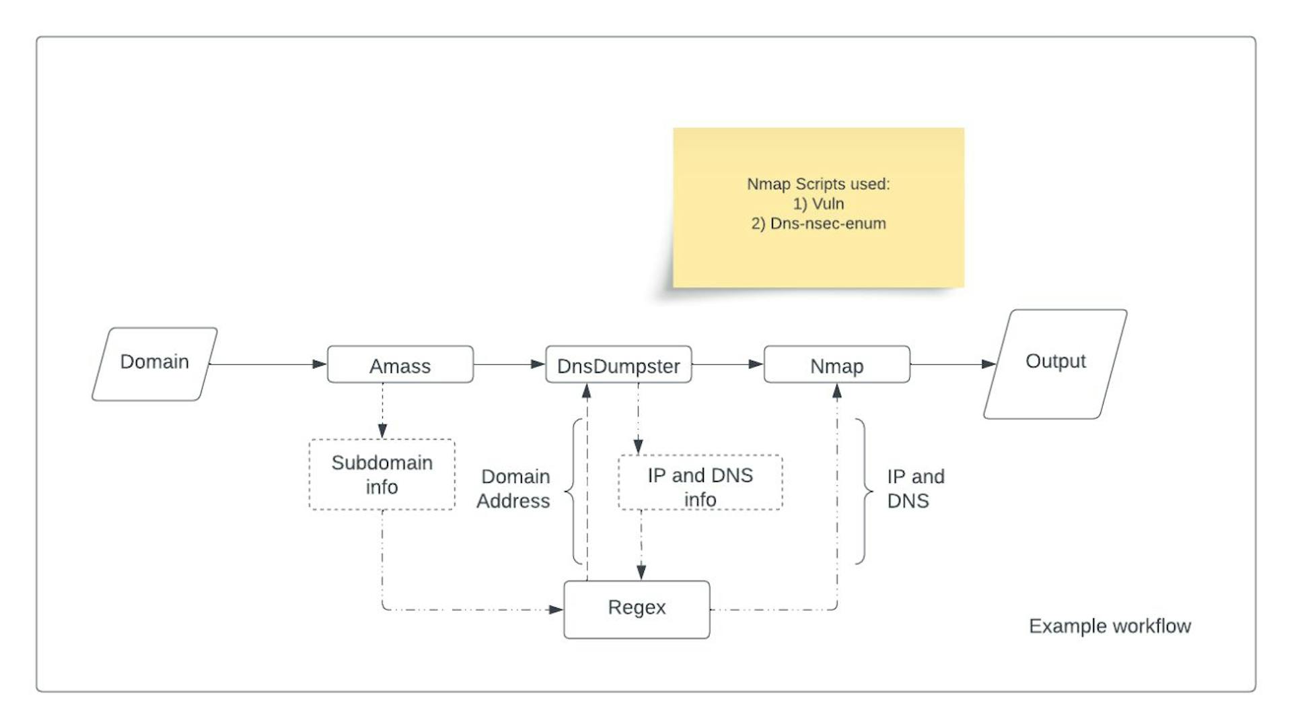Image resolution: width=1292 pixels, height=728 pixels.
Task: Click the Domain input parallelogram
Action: (155, 364)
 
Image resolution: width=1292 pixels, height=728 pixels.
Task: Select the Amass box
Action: (400, 365)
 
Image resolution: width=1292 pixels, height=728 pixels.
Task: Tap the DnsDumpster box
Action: (618, 365)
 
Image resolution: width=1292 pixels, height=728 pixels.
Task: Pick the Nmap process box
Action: (836, 365)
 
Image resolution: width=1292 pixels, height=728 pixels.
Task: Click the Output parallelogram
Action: (1055, 364)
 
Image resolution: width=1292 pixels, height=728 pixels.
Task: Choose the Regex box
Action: (637, 609)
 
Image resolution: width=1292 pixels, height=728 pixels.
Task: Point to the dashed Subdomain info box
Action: (382, 475)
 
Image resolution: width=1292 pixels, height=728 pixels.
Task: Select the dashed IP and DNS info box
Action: (700, 483)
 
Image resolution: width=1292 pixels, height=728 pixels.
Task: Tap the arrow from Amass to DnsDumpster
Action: (509, 364)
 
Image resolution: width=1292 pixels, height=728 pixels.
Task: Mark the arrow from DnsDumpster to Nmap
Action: (727, 364)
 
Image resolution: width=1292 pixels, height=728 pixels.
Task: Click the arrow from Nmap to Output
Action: (952, 364)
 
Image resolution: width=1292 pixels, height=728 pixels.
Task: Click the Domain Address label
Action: (514, 489)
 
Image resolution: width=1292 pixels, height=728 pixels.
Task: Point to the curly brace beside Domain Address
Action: (574, 492)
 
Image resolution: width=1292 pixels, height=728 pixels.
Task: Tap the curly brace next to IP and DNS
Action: (863, 492)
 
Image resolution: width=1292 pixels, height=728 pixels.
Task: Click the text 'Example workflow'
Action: (1110, 626)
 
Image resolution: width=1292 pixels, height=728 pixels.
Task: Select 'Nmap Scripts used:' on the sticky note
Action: (818, 184)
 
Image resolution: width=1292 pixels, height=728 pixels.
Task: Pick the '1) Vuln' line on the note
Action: (818, 204)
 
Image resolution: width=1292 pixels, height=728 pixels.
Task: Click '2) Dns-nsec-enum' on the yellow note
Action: (818, 224)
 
